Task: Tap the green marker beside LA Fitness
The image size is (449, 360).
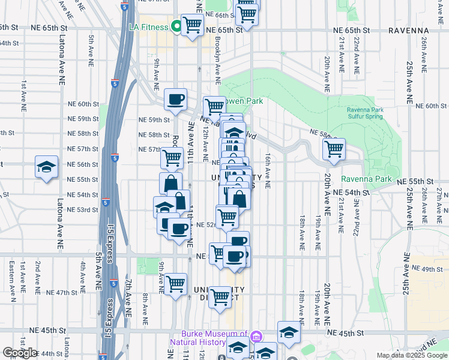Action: click(x=176, y=26)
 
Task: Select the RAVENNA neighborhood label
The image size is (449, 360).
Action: click(x=408, y=29)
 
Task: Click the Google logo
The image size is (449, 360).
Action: click(x=20, y=353)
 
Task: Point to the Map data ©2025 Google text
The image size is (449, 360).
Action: click(x=411, y=355)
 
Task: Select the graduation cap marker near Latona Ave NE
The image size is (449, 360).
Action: click(x=46, y=169)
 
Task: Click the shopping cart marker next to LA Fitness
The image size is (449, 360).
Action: click(x=192, y=26)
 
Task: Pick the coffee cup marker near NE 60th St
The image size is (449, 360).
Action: click(x=176, y=100)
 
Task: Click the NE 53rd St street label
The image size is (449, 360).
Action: click(x=83, y=210)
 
